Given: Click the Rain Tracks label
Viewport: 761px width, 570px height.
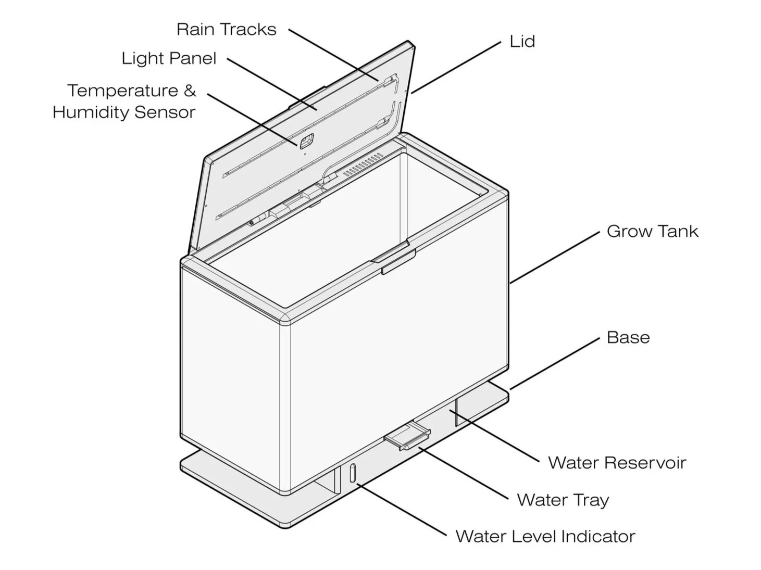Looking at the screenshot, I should pyautogui.click(x=226, y=30).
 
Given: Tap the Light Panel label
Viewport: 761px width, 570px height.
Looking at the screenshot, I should pyautogui.click(x=169, y=58).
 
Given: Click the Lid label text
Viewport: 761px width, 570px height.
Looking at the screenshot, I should pyautogui.click(x=522, y=42).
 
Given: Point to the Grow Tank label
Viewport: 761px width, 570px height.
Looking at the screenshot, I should pyautogui.click(x=652, y=232).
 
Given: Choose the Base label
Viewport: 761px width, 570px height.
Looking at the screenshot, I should pyautogui.click(x=628, y=337).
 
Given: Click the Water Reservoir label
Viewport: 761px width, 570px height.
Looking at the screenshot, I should pyautogui.click(x=617, y=463).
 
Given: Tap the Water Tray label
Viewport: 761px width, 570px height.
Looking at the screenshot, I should pyautogui.click(x=563, y=500).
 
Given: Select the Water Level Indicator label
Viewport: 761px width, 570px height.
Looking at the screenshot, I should pyautogui.click(x=545, y=537).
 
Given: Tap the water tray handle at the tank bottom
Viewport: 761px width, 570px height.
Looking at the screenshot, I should pyautogui.click(x=408, y=436).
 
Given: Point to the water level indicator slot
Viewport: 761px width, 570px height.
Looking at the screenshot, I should pyautogui.click(x=352, y=473).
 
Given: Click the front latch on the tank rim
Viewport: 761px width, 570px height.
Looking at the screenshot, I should pyautogui.click(x=397, y=261).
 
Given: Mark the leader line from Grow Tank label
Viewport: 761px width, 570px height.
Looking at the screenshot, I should pyautogui.click(x=554, y=258).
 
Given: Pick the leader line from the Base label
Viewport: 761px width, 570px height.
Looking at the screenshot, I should pyautogui.click(x=554, y=363).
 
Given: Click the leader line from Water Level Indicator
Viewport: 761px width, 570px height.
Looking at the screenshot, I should pyautogui.click(x=401, y=510).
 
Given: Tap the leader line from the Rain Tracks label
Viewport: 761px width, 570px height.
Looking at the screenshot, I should pyautogui.click(x=333, y=55).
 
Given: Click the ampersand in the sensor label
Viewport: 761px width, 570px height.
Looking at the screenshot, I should pyautogui.click(x=190, y=91).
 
